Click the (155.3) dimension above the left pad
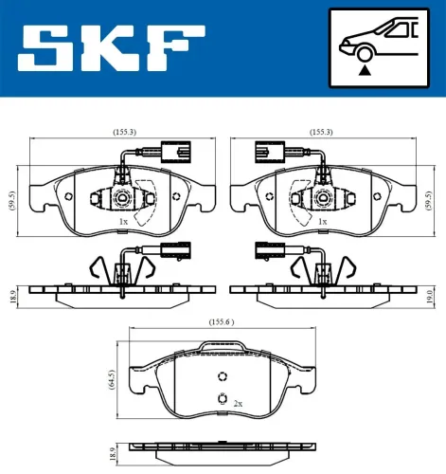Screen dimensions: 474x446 click(120, 133)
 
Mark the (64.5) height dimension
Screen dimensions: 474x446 click(115, 379)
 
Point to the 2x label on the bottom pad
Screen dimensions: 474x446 click(238, 404)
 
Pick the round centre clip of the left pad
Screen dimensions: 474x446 click(121, 198)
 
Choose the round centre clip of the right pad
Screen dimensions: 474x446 click(322, 198)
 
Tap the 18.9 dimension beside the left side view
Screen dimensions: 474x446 click(11, 294)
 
